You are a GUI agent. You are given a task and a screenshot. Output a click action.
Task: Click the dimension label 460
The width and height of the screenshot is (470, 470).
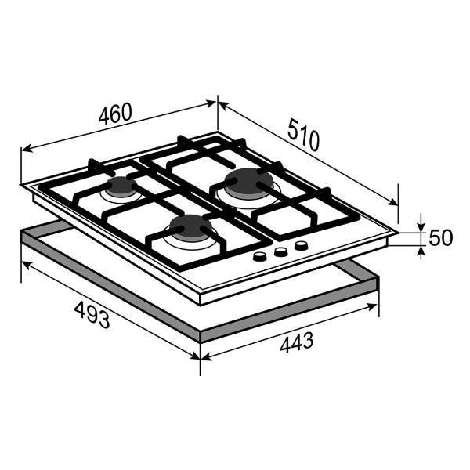[x=115, y=114]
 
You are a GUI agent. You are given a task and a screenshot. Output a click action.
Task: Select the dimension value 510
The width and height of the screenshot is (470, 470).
[x=303, y=135]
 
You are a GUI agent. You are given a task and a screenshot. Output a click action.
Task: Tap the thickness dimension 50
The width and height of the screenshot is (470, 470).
[x=440, y=237]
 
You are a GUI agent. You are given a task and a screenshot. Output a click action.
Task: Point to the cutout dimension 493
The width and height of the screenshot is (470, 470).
[x=92, y=315]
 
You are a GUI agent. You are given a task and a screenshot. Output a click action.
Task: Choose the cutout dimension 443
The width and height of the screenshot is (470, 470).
[x=297, y=342]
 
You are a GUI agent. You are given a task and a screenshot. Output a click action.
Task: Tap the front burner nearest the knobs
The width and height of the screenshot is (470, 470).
[x=190, y=228]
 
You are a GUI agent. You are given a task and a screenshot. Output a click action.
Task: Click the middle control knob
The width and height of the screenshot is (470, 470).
[x=281, y=251]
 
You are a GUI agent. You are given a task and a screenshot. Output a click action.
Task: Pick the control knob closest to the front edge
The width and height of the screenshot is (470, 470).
[x=260, y=257]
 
